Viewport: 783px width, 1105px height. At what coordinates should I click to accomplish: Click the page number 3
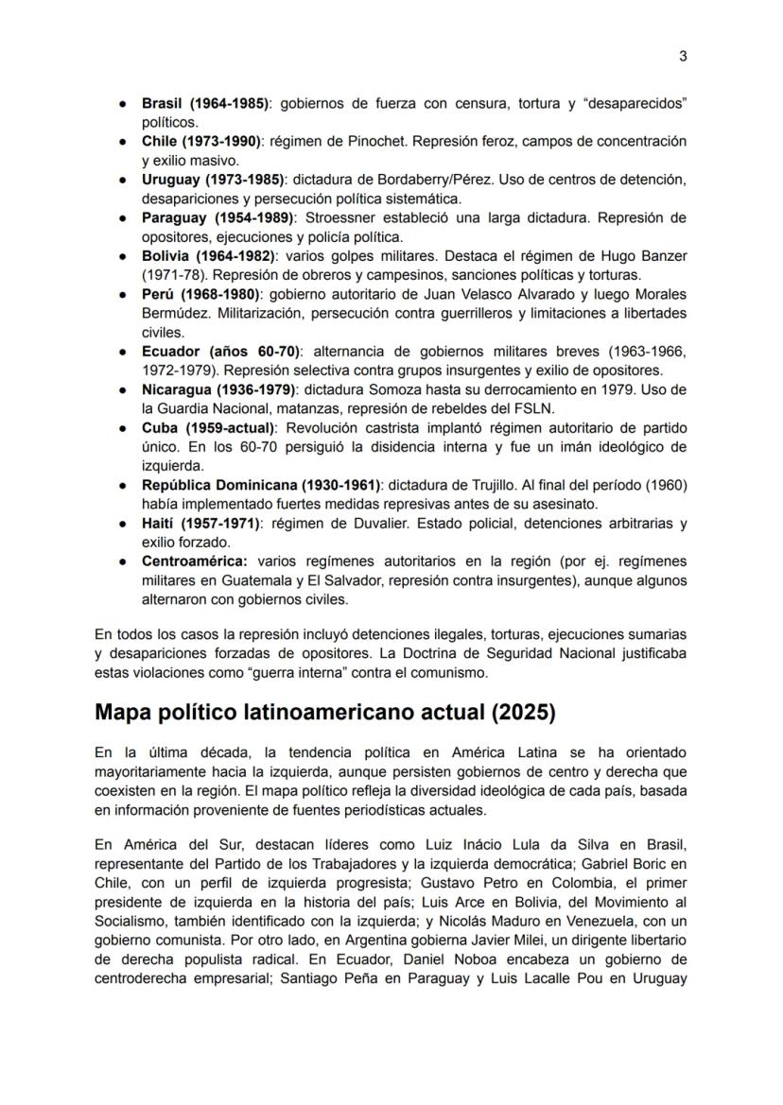683,56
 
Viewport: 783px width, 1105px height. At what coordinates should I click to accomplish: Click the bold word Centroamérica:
194,561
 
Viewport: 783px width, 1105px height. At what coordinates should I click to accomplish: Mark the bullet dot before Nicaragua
123,389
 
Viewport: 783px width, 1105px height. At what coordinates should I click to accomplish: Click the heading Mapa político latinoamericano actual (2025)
324,711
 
